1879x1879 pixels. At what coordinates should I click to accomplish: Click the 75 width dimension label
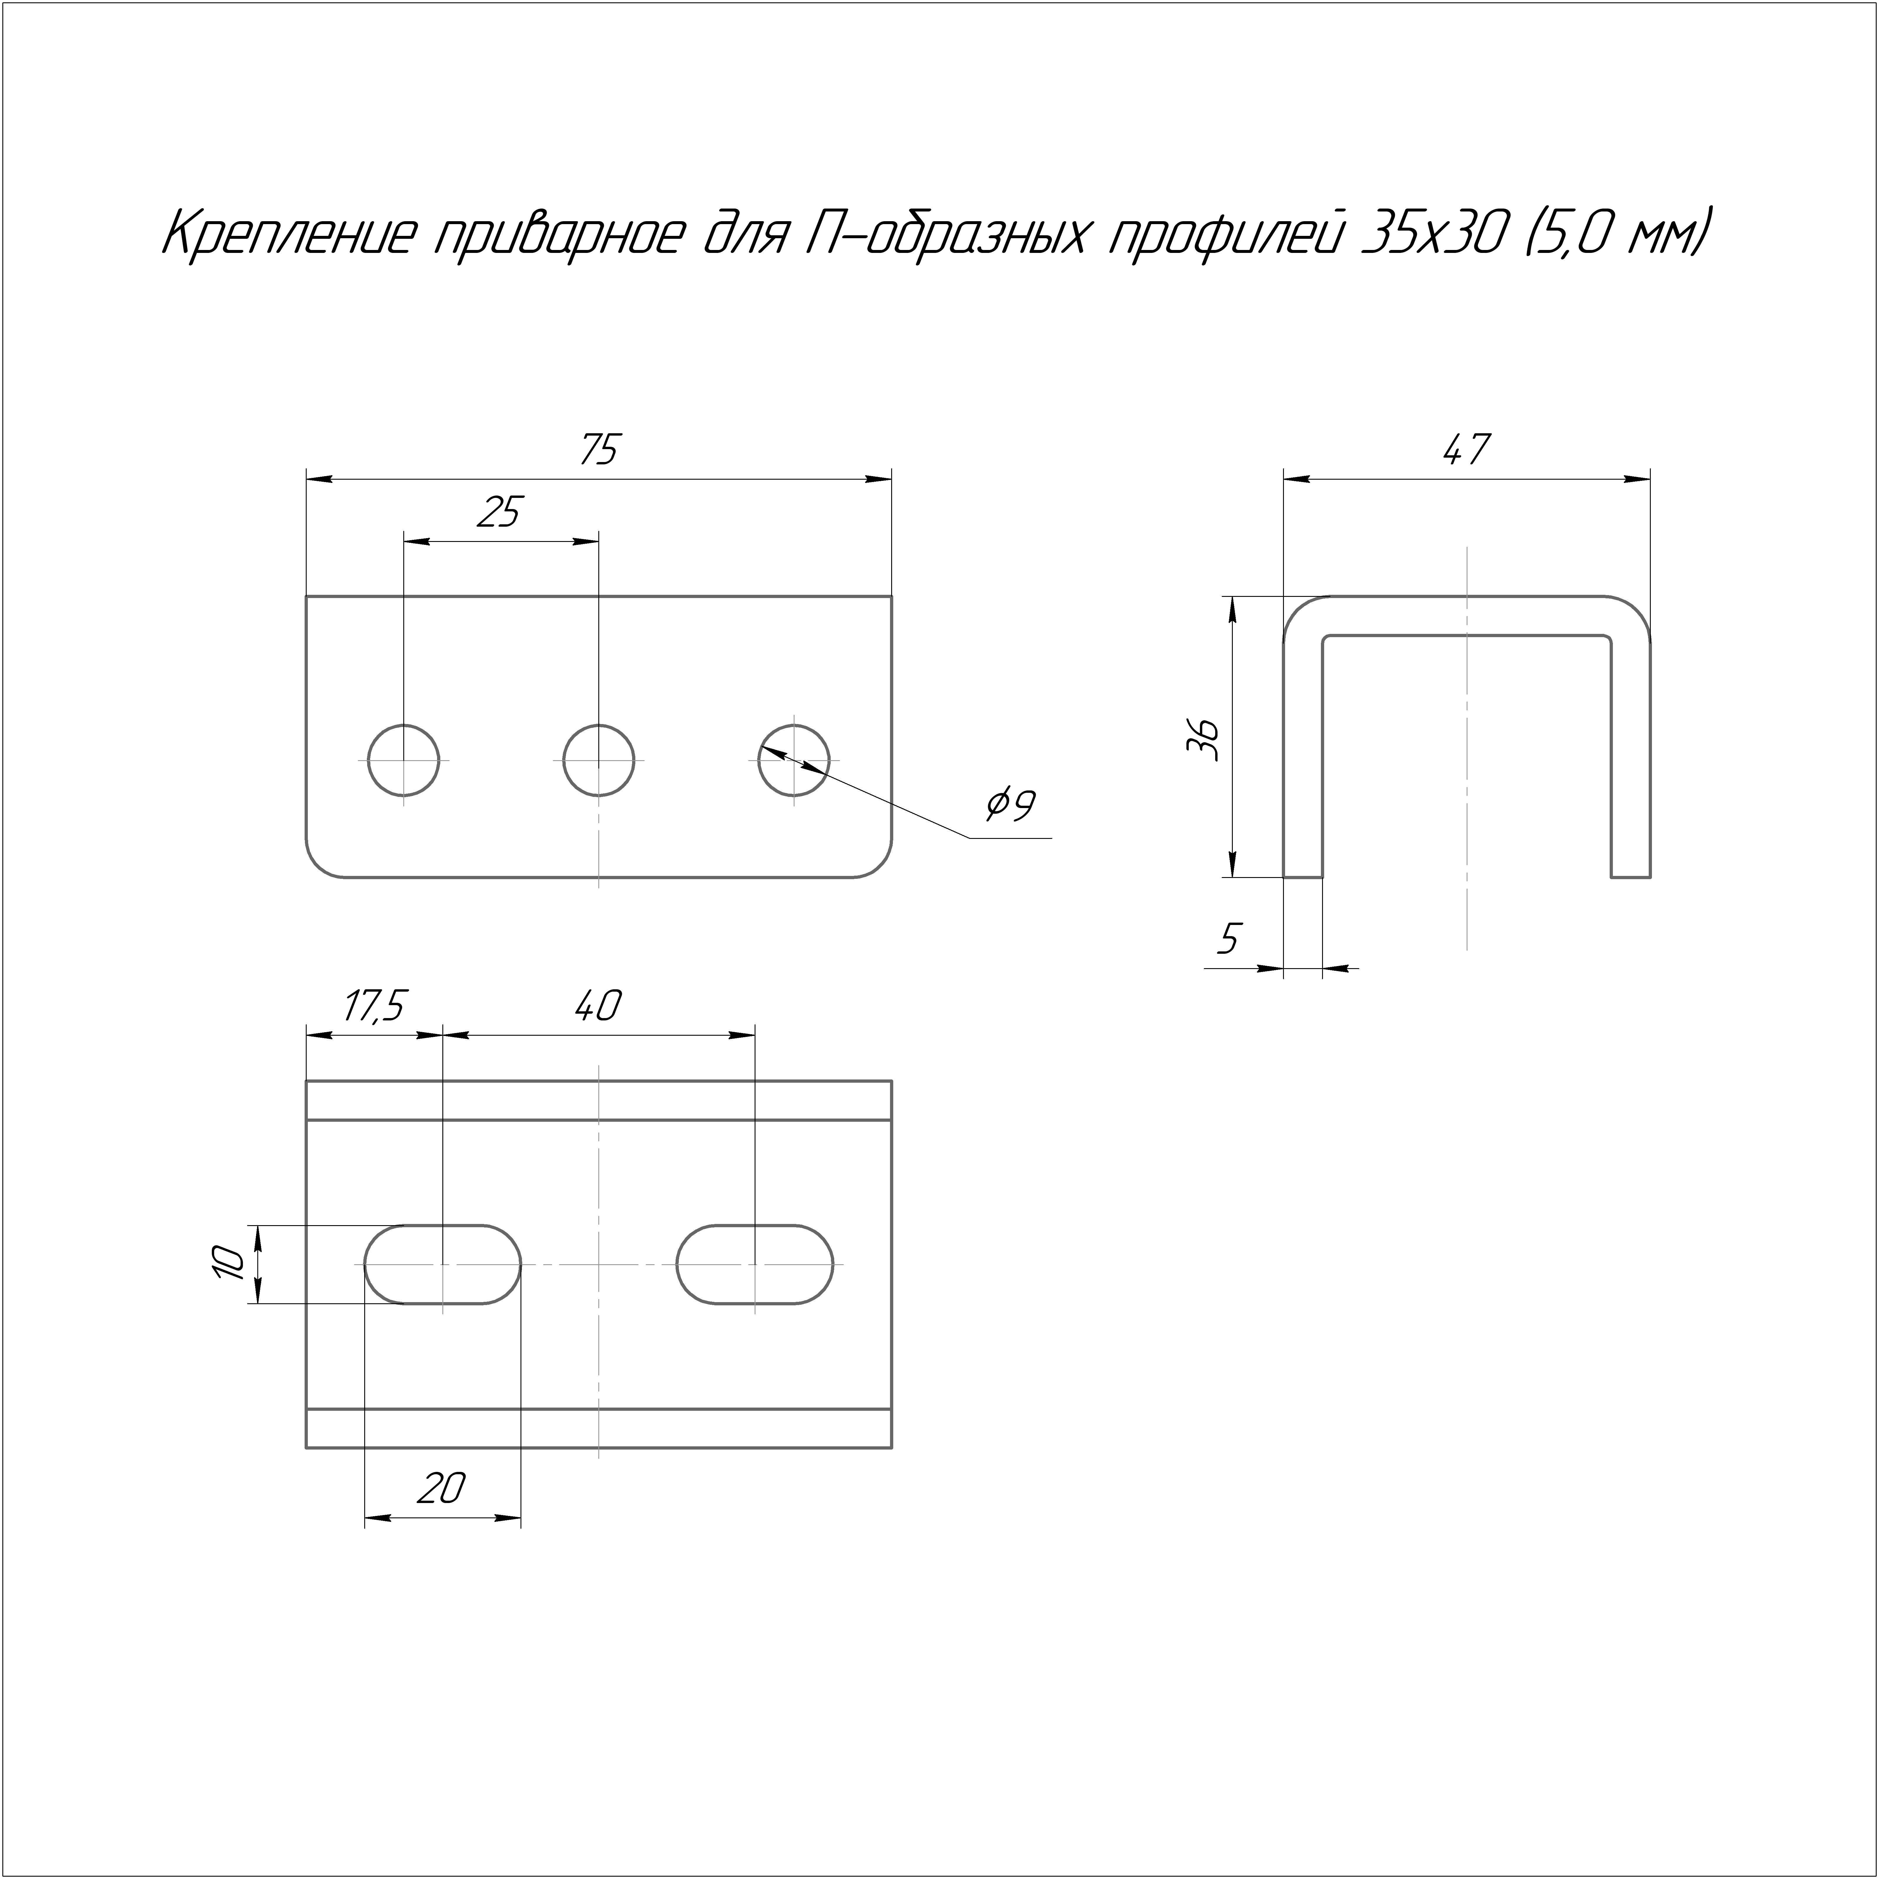[x=599, y=450]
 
